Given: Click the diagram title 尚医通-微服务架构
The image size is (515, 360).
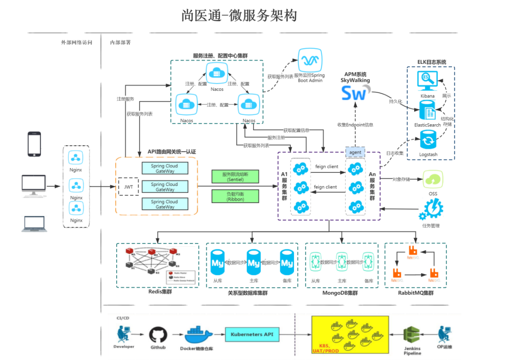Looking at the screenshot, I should [239, 16].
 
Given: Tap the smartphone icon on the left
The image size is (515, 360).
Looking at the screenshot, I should [34, 144].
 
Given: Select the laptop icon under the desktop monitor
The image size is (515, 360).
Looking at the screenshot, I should [33, 224].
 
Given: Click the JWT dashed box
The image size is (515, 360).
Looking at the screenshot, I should [128, 186].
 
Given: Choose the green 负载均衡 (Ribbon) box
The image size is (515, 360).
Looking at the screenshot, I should [235, 196].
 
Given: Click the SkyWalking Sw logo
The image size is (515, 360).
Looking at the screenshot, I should [355, 93].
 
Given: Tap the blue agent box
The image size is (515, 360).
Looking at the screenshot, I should [355, 152].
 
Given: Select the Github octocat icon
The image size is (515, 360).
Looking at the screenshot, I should [158, 335].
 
